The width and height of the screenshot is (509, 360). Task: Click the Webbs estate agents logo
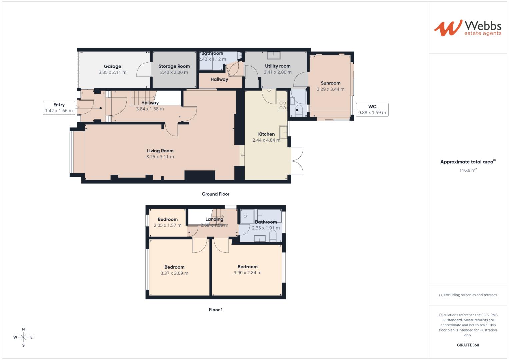(x=468, y=28)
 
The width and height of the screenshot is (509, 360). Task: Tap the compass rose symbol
(x=23, y=337)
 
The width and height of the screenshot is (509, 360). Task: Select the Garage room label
(x=112, y=66)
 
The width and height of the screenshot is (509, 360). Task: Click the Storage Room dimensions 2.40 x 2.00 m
(x=174, y=72)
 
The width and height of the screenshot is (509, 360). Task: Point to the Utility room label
(x=277, y=66)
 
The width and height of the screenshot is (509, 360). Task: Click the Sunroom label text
(x=330, y=83)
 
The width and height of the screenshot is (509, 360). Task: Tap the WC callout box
(x=372, y=109)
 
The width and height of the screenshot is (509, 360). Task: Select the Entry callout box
(x=59, y=108)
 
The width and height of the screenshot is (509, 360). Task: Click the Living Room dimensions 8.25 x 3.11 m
(x=160, y=157)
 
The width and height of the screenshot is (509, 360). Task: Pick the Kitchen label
(x=266, y=134)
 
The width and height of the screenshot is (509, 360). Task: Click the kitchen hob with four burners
(x=282, y=106)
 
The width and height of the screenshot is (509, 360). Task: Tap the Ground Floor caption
(x=215, y=194)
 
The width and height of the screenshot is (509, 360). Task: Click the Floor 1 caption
(x=216, y=310)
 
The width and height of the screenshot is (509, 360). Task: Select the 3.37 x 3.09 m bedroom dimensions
(x=174, y=273)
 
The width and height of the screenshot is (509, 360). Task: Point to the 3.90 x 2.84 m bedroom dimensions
(x=247, y=273)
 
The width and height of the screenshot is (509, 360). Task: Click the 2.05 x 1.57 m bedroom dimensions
(x=167, y=225)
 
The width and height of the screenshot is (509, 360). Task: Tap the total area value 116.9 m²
(x=468, y=170)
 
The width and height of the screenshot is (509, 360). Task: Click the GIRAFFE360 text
(x=468, y=345)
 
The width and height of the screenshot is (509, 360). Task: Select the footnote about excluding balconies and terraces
(x=468, y=295)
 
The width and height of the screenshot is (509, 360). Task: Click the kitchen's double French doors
(x=297, y=161)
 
